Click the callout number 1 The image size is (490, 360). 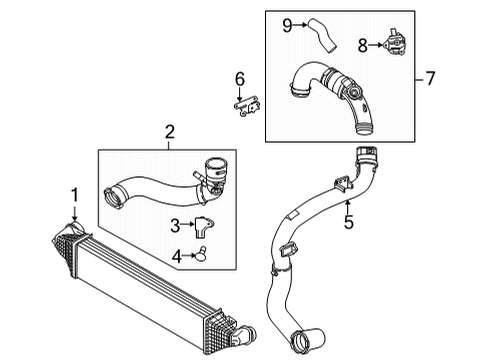72,192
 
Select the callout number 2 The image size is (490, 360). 170,131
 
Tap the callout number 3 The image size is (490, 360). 173,225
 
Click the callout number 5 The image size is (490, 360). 348,223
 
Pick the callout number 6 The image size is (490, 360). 239,78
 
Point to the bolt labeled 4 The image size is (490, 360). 201,257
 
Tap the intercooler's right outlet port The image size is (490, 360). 246,335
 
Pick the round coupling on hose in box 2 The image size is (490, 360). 214,167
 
